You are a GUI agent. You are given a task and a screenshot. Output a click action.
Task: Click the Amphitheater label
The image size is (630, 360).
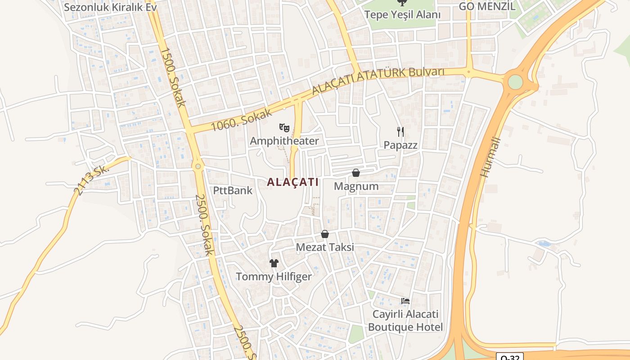coord(284,141)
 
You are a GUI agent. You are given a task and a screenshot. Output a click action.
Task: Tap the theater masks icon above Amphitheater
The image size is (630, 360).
coord(284,128)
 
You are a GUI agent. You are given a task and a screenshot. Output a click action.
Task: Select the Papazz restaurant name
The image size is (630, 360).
coord(400,145)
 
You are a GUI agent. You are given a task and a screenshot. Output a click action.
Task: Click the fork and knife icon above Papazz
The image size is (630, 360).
coord(400,132)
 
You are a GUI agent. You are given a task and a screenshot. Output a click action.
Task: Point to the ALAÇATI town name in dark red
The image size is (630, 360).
coord(292,182)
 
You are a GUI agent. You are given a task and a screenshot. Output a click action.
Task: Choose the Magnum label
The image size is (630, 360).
coord(356,186)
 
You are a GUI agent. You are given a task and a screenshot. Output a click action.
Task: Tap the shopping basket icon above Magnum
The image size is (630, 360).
coord(356,173)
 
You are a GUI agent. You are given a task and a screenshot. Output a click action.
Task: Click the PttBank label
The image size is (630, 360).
coord(233,190)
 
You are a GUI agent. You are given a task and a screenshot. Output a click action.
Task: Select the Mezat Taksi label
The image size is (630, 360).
coord(324,247)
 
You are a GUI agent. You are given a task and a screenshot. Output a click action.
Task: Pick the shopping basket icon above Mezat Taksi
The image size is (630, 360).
coord(325,234)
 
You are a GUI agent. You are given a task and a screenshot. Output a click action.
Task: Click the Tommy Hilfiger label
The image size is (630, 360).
coord(274,276)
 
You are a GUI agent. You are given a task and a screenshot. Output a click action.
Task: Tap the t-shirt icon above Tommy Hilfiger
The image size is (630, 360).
coord(274,263)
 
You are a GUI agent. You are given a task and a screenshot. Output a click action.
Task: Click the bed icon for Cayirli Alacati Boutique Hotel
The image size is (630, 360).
coord(405,301)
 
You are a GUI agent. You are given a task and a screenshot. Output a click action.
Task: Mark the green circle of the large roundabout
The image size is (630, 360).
coord(515,82)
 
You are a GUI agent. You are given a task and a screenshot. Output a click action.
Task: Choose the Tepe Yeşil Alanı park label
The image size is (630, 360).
coord(402,14)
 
